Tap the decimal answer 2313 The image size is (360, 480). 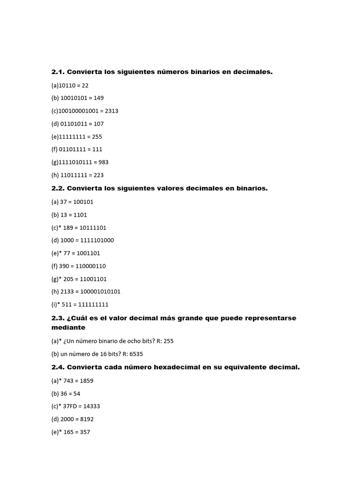tap(112, 111)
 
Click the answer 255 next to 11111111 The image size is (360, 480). tap(96, 137)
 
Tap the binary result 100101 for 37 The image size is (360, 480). tap(83, 202)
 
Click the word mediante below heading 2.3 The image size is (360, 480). tap(68, 328)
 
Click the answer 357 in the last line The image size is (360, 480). tap(84, 432)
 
